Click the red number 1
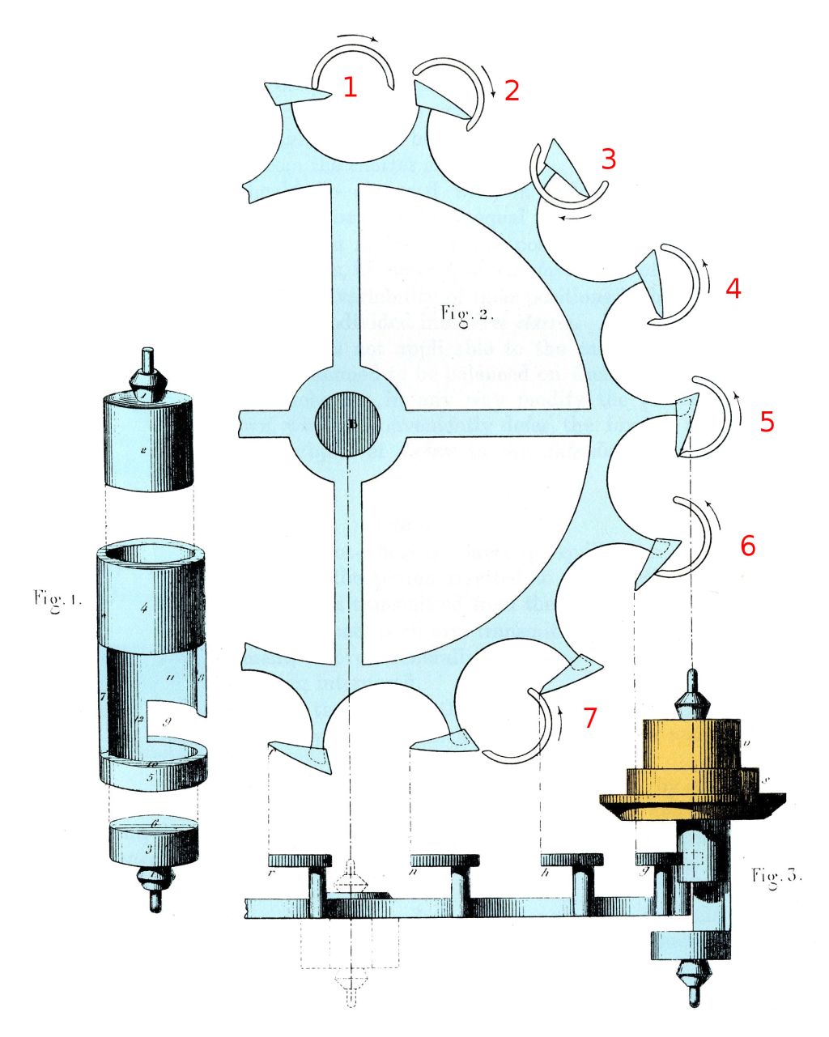350,87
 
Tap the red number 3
608,159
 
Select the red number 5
767,421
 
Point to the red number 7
590,717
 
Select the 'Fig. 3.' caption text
776,875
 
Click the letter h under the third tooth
548,873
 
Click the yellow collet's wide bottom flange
692,805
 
